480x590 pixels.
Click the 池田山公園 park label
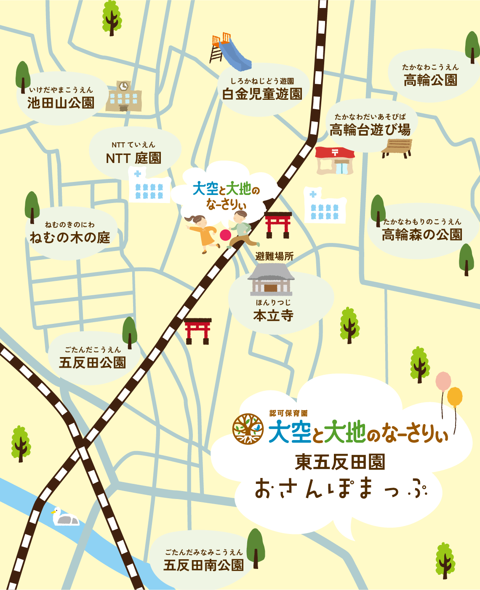pyautogui.click(x=61, y=102)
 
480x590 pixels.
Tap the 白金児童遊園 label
pyautogui.click(x=262, y=94)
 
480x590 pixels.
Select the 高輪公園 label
pyautogui.click(x=430, y=80)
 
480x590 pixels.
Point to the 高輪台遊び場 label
pyautogui.click(x=370, y=130)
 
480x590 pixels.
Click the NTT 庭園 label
pyautogui.click(x=133, y=158)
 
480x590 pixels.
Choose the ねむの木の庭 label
pyautogui.click(x=70, y=237)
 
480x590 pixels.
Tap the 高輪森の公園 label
pyautogui.click(x=422, y=234)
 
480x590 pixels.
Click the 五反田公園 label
pyautogui.click(x=92, y=362)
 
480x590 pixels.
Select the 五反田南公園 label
pyautogui.click(x=203, y=565)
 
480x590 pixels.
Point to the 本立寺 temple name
pyautogui.click(x=273, y=315)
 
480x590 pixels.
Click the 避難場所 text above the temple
pyautogui.click(x=274, y=256)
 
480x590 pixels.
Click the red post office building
pyautogui.click(x=335, y=160)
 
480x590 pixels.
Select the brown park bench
pyautogui.click(x=396, y=148)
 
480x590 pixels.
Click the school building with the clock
pyautogui.click(x=123, y=96)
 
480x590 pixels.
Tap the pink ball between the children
pyautogui.click(x=225, y=235)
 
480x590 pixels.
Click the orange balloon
pyautogui.click(x=455, y=397)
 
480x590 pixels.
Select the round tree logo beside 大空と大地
pyautogui.click(x=248, y=429)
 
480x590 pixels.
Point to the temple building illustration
pyautogui.click(x=271, y=280)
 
